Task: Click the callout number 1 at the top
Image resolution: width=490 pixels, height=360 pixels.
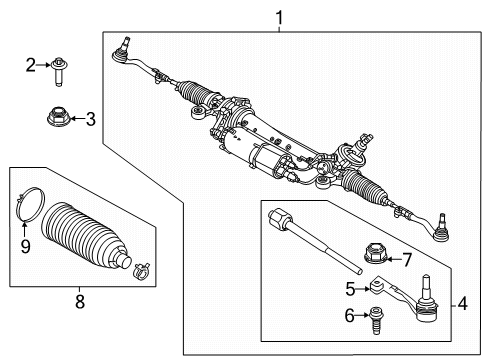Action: point(278,16)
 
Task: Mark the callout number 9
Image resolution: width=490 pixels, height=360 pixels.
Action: point(25,243)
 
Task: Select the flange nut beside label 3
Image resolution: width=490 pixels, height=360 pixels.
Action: point(58,118)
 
